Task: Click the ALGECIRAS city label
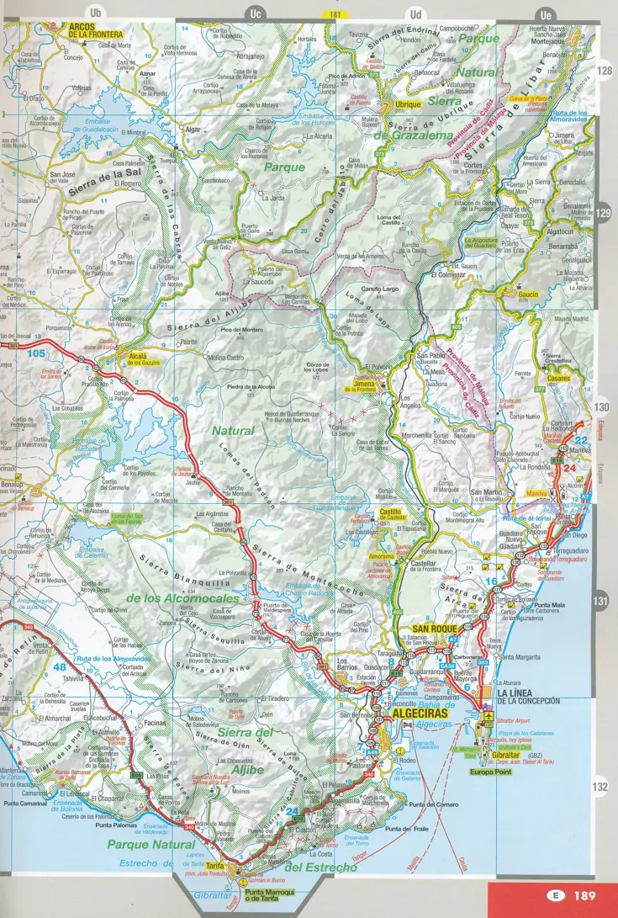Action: (417, 711)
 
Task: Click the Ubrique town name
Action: (408, 104)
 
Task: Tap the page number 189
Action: (586, 896)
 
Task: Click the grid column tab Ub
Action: (95, 13)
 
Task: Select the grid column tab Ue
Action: (546, 13)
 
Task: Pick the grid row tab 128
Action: (604, 72)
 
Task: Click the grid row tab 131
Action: (600, 601)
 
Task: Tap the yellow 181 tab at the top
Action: (335, 14)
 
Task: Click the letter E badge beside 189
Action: (554, 896)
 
